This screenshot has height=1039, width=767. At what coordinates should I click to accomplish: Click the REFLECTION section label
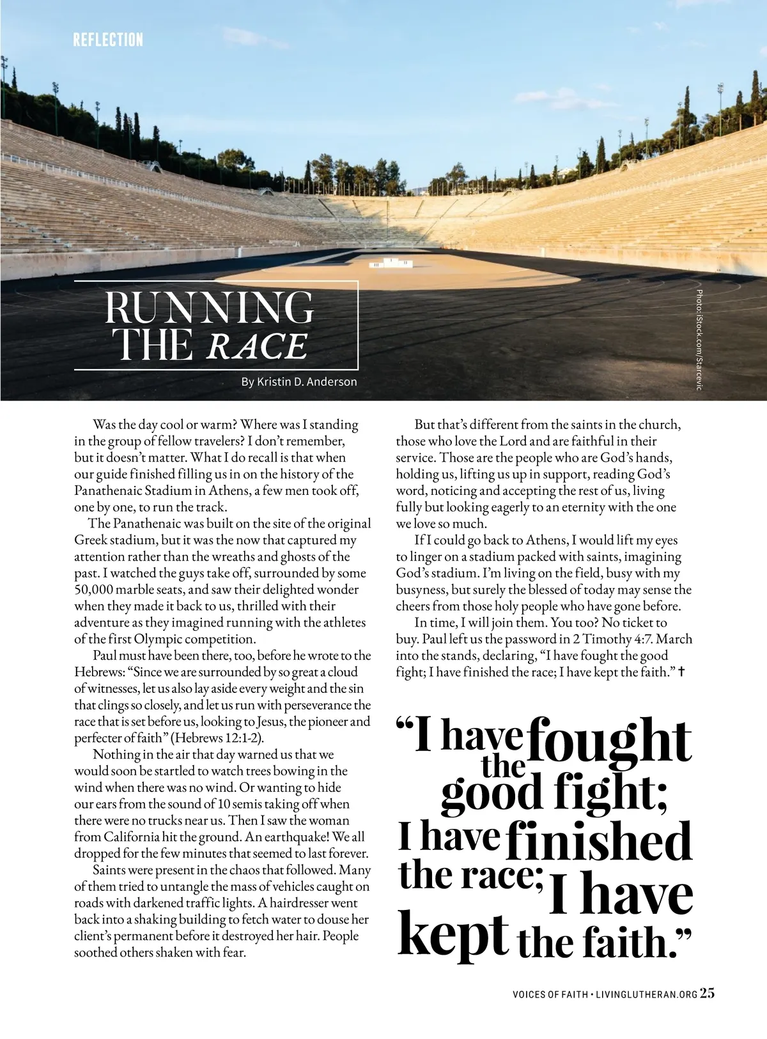pos(108,40)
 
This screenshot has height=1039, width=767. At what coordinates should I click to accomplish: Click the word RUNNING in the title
pos(209,308)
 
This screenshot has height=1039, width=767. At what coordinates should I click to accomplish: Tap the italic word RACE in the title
pos(257,347)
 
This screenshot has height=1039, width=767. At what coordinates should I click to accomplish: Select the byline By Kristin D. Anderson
pos(299,382)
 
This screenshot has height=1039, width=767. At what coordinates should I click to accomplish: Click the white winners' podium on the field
pos(391,262)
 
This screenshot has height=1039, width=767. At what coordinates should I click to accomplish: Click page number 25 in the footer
pos(708,993)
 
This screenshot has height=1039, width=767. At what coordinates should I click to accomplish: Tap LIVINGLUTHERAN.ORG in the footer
pos(646,995)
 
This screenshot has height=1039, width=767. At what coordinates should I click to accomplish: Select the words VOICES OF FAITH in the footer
pos(550,995)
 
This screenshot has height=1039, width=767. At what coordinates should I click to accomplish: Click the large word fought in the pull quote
pos(609,741)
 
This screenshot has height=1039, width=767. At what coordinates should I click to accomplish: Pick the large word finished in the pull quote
pos(599,842)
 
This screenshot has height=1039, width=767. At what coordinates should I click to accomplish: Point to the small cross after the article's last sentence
pos(681,672)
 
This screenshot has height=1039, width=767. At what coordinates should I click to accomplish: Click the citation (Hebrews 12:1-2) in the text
pos(218,738)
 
